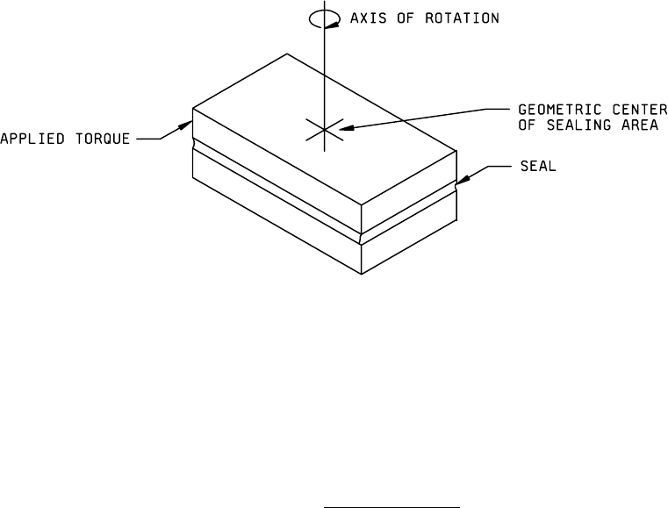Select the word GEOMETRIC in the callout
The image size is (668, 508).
(551, 111)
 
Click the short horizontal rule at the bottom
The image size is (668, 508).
(391, 483)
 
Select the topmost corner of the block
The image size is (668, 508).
(286, 54)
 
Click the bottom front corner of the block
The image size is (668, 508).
(361, 273)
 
